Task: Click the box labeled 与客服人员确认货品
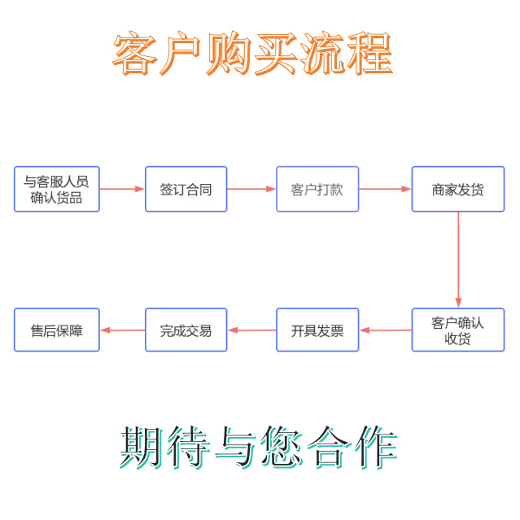[57, 189]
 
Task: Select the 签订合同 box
[186, 189]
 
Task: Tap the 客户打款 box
[317, 189]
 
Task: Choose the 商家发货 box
[457, 189]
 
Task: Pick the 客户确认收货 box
[457, 330]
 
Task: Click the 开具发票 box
[317, 330]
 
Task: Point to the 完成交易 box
[186, 330]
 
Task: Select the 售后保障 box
[57, 330]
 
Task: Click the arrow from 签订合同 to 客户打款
[251, 189]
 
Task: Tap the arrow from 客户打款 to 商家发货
[385, 189]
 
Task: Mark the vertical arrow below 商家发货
[458, 259]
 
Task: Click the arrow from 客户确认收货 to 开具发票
[385, 330]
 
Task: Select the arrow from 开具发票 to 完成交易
[251, 330]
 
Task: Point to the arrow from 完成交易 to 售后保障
[122, 330]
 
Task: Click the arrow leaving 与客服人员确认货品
[122, 189]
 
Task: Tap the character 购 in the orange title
[229, 55]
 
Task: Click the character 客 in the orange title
[135, 55]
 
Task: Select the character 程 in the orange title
[370, 55]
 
